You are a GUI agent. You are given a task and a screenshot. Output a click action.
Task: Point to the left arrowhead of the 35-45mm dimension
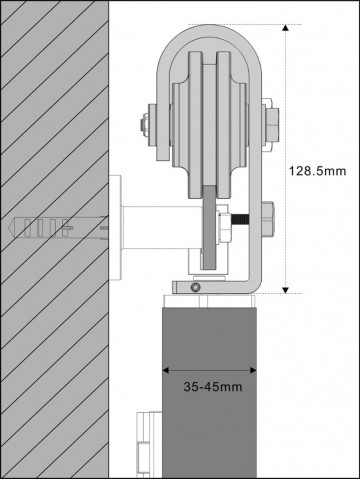click(166, 366)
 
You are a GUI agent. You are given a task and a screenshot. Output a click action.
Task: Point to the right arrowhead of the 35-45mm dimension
click(255, 366)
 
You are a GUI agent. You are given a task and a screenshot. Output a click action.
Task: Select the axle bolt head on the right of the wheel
click(271, 126)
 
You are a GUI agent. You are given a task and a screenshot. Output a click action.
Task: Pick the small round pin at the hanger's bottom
click(196, 287)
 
